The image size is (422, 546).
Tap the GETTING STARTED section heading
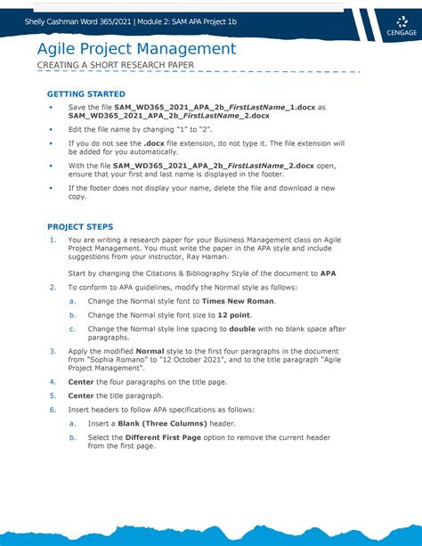(86, 94)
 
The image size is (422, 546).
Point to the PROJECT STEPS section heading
(80, 226)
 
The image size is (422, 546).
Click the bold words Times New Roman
(239, 301)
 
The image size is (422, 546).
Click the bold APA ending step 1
(328, 273)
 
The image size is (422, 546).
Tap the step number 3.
(53, 352)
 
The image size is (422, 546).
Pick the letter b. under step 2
(73, 314)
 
